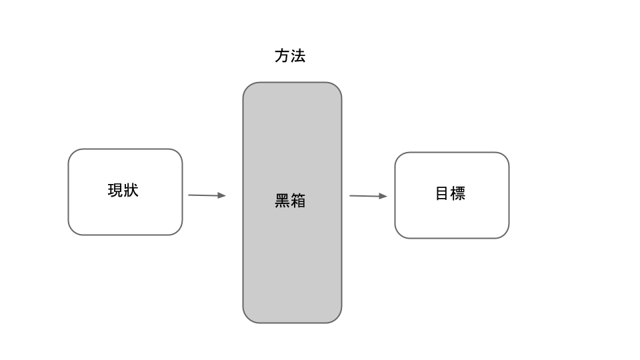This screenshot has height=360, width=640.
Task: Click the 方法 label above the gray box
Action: pos(290,56)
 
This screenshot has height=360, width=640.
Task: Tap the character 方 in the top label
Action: pos(282,56)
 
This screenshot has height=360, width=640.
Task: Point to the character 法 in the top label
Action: pos(298,56)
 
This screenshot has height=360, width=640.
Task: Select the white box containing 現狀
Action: pos(125,192)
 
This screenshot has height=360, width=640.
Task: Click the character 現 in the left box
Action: pos(115,191)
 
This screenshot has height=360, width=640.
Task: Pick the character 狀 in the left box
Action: pos(131,191)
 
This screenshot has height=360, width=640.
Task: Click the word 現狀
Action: pos(123,191)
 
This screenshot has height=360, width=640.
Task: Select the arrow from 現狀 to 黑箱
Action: pos(207,195)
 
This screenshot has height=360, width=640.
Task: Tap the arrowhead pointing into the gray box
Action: pos(221,195)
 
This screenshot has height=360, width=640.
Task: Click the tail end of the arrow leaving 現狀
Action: pos(188,195)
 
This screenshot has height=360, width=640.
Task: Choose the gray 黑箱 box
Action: pos(292,203)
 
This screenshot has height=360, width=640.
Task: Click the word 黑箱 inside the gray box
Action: pos(290,201)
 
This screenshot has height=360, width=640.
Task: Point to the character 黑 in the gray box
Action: pos(282,201)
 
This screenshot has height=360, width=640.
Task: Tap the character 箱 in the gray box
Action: pos(298,201)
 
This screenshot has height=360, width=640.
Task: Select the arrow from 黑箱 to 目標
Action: pos(368,196)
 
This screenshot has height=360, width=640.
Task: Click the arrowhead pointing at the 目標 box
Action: pos(383,196)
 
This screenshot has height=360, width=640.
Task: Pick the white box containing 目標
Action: pos(452,195)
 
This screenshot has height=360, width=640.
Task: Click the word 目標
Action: pos(450,193)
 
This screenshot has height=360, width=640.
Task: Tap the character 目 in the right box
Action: pos(442,193)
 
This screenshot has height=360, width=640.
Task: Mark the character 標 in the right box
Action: pos(458,193)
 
